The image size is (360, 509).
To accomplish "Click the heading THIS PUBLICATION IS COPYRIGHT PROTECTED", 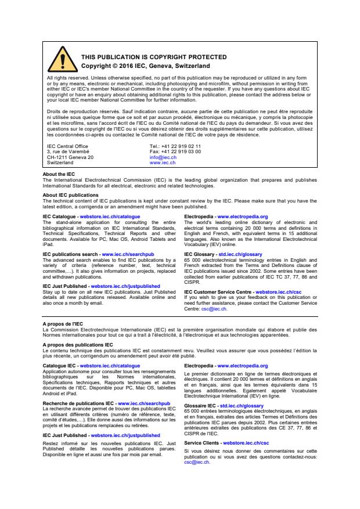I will (x=145, y=57).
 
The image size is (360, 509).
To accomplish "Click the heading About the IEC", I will (x=59, y=174).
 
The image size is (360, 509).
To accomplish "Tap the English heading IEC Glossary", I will (x=200, y=254).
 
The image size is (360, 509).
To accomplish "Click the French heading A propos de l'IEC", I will (x=63, y=324).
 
